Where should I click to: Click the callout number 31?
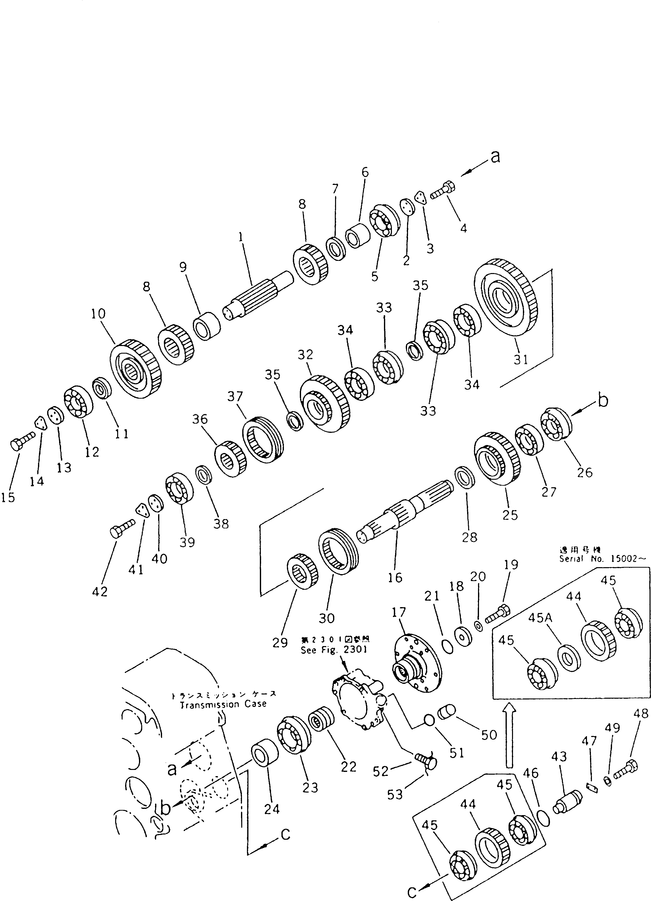click(x=521, y=359)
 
